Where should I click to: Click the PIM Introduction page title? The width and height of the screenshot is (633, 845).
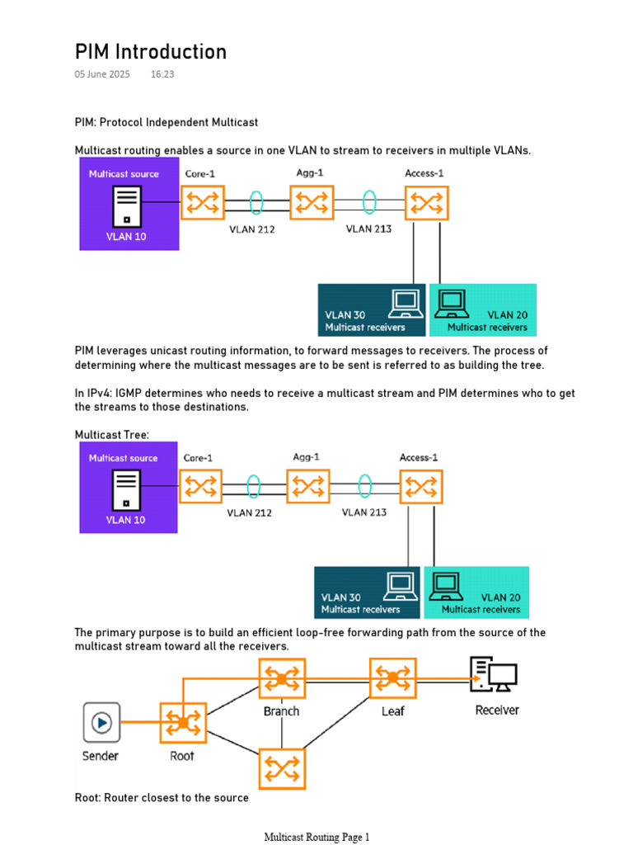(x=151, y=52)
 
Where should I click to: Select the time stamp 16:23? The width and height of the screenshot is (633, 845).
(x=162, y=74)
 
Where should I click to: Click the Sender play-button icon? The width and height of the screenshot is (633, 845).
(x=101, y=723)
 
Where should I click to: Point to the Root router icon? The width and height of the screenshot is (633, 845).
(x=181, y=724)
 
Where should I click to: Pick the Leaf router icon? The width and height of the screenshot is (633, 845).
(x=392, y=678)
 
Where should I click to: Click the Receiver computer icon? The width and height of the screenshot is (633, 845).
(x=493, y=675)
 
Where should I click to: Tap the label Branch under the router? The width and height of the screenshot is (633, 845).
(x=282, y=710)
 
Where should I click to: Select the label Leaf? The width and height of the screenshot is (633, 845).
(x=392, y=710)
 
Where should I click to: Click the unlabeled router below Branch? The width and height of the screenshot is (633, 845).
(x=282, y=769)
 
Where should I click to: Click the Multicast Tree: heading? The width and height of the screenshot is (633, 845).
(x=110, y=434)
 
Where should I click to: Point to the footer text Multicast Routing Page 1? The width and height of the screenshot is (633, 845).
(x=317, y=837)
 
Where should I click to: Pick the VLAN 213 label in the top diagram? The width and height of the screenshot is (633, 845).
(x=368, y=229)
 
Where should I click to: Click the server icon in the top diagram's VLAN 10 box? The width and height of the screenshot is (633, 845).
(x=126, y=205)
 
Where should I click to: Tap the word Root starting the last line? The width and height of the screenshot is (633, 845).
(x=87, y=798)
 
